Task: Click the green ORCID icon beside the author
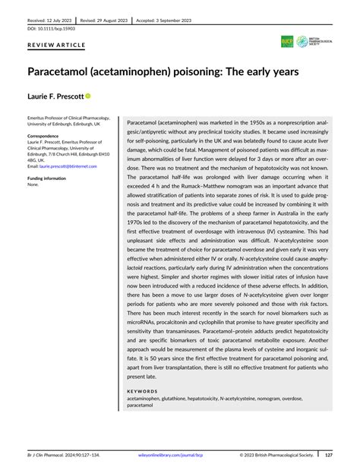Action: pos(88,96)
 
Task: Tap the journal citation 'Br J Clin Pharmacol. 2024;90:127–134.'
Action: pos(63,456)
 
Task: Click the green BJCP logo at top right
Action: pos(287,42)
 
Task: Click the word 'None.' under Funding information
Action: pos(33,184)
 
